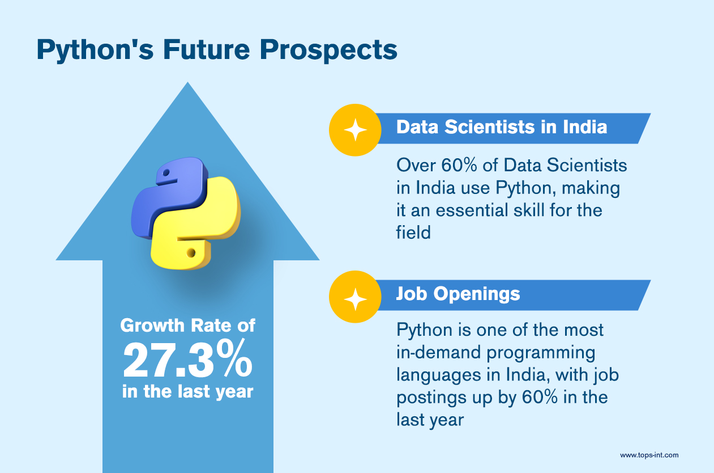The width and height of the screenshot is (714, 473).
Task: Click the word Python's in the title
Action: click(x=95, y=50)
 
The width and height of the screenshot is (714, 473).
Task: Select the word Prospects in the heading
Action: click(x=328, y=50)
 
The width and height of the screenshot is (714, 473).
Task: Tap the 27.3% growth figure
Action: click(x=188, y=359)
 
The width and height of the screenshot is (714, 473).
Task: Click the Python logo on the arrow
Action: click(x=186, y=213)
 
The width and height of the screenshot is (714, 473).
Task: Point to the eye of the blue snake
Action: click(x=166, y=172)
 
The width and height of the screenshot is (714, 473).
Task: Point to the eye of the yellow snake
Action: click(x=191, y=253)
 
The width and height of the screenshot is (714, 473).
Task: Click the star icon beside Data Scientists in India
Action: click(x=355, y=130)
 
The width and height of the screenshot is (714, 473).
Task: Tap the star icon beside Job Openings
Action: click(x=355, y=299)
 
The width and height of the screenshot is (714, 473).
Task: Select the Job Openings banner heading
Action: click(x=458, y=294)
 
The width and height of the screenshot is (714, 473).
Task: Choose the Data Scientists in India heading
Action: click(x=502, y=127)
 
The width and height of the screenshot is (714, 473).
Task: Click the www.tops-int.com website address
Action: click(x=649, y=455)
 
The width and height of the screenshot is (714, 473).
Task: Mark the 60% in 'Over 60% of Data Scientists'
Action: click(x=459, y=165)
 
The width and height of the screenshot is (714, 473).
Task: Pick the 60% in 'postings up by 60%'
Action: click(x=540, y=397)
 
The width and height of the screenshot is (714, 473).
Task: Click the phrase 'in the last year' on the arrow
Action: click(x=188, y=391)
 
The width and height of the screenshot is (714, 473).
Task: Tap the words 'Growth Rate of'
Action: click(x=188, y=326)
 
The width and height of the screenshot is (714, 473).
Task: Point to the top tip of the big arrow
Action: click(x=188, y=82)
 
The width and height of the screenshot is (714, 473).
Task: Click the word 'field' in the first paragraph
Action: click(x=413, y=232)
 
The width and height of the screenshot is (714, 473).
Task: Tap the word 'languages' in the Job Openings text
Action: click(x=439, y=375)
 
